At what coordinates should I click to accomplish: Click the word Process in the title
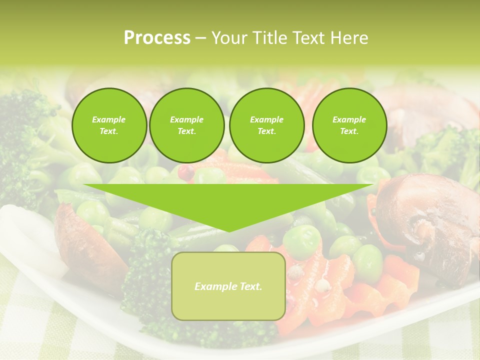tap(157, 38)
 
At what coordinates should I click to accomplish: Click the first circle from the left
tap(109, 125)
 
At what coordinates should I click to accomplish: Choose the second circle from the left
tap(187, 125)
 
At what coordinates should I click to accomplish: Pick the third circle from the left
tap(266, 125)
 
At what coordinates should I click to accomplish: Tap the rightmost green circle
tap(349, 125)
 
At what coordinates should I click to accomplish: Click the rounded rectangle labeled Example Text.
tap(228, 286)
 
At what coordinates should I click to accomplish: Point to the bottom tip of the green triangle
tap(228, 231)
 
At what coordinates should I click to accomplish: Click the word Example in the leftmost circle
tap(109, 119)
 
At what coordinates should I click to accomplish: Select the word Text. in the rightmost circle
tap(349, 131)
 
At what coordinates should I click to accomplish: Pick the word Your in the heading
tap(228, 38)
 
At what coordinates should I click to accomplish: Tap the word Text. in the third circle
tap(266, 131)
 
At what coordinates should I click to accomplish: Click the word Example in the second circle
tap(187, 119)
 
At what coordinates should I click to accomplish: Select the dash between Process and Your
tap(200, 38)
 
